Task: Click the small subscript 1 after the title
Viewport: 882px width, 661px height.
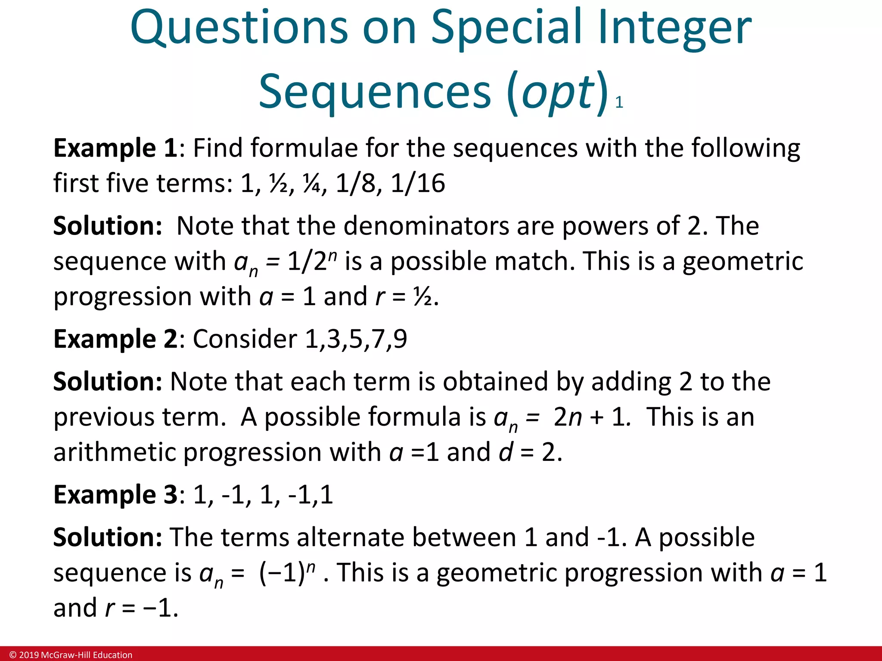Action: pyautogui.click(x=619, y=102)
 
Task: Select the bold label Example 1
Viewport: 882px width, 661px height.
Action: pyautogui.click(x=115, y=148)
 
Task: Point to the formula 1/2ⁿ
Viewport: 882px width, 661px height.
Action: pyautogui.click(x=312, y=261)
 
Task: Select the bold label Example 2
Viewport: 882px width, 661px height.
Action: pyautogui.click(x=115, y=339)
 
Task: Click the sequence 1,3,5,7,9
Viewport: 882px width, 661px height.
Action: pyautogui.click(x=356, y=339)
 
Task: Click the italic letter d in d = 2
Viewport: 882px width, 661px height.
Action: pyautogui.click(x=506, y=452)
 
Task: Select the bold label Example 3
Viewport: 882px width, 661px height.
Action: pyautogui.click(x=115, y=495)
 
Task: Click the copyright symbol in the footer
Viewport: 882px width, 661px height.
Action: pyautogui.click(x=13, y=655)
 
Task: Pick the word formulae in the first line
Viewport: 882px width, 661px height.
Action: pyautogui.click(x=304, y=148)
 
